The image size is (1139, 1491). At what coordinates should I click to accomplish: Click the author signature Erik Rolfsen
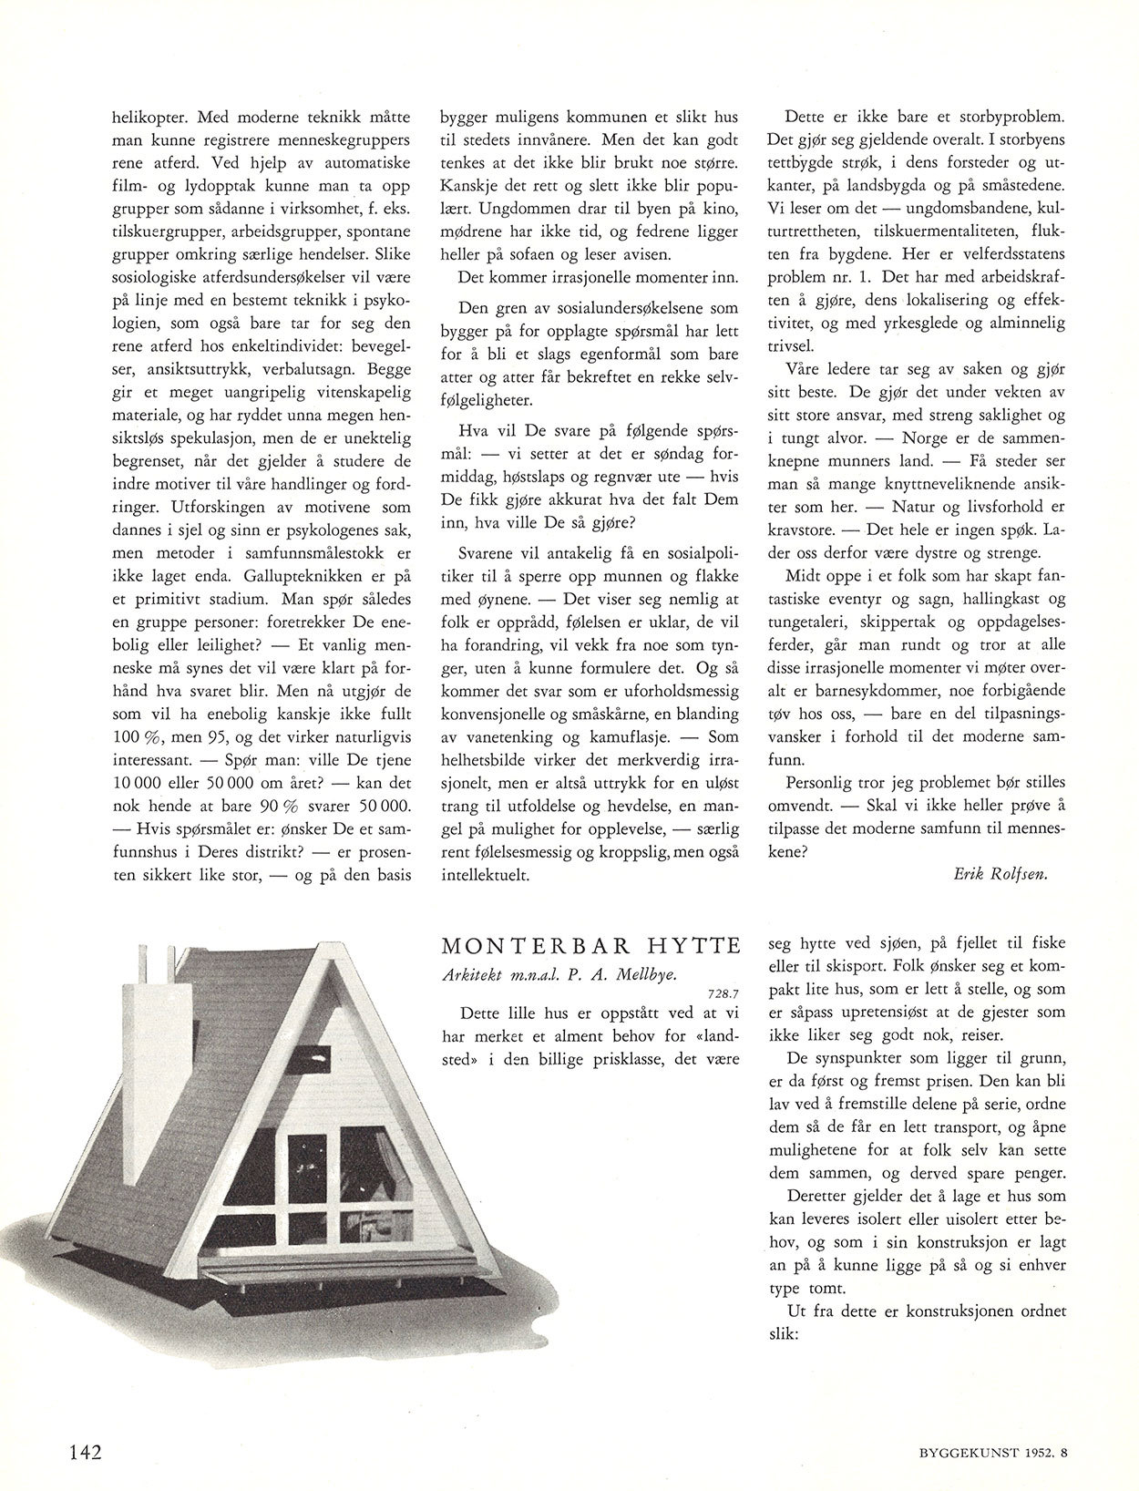1000,874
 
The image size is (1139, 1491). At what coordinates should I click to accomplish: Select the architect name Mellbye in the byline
643,973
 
